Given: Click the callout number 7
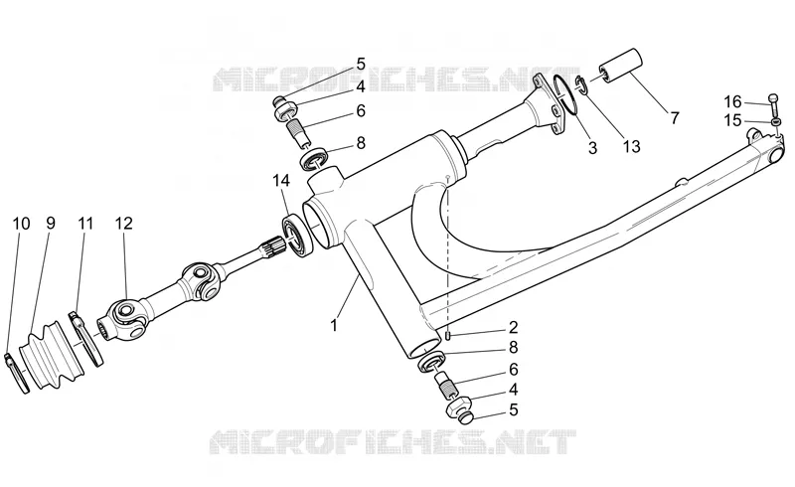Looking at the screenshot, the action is coord(674,118).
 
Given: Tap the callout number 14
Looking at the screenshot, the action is coord(281,180).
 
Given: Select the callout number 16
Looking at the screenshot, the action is coord(732,102).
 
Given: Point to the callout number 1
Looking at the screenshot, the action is coord(334,325).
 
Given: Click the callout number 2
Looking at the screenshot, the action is coord(513,327).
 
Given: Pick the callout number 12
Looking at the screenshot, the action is coord(123,224).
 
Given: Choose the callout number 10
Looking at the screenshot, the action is coord(21,224).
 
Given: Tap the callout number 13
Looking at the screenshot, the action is coord(632,147).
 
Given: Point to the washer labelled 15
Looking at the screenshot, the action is coord(776,122).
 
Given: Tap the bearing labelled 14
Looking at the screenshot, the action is coord(296,236).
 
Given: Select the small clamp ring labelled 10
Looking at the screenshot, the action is coord(17,373).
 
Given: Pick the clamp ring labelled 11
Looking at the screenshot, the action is coord(87,338).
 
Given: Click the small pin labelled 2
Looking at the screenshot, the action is coord(448,336).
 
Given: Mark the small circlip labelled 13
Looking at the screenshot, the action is coord(581,84).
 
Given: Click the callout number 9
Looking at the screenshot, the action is coord(51,224).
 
